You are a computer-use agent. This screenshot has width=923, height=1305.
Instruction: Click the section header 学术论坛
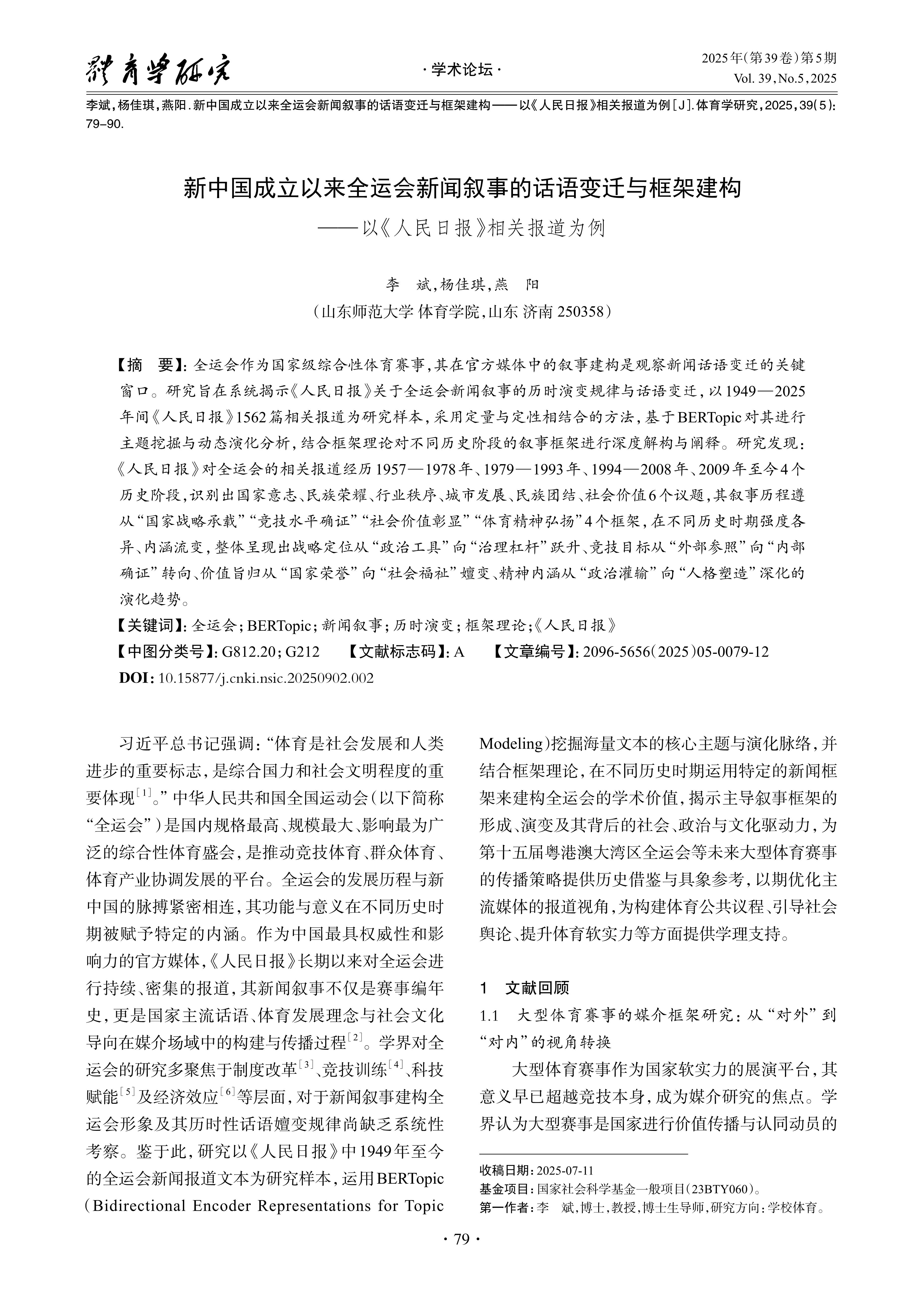(462, 71)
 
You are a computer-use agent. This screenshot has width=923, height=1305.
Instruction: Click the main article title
(462, 188)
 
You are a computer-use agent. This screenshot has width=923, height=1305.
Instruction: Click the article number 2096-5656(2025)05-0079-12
(676, 652)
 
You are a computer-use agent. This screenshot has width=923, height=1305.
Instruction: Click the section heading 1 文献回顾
(524, 988)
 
